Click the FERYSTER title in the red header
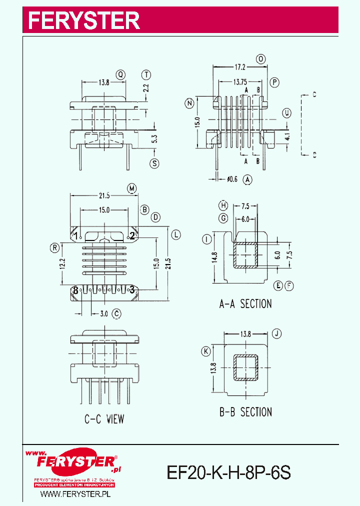(83, 20)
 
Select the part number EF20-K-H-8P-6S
(228, 472)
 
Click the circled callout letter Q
(121, 75)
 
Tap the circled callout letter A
(247, 178)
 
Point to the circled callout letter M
(132, 188)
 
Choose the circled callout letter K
(205, 352)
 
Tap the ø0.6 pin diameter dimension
(231, 178)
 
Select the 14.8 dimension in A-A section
(214, 257)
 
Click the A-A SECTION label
(245, 303)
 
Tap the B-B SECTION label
(245, 412)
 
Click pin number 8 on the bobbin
(75, 289)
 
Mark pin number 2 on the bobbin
(132, 235)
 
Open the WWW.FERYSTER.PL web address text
(74, 494)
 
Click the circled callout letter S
(154, 163)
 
